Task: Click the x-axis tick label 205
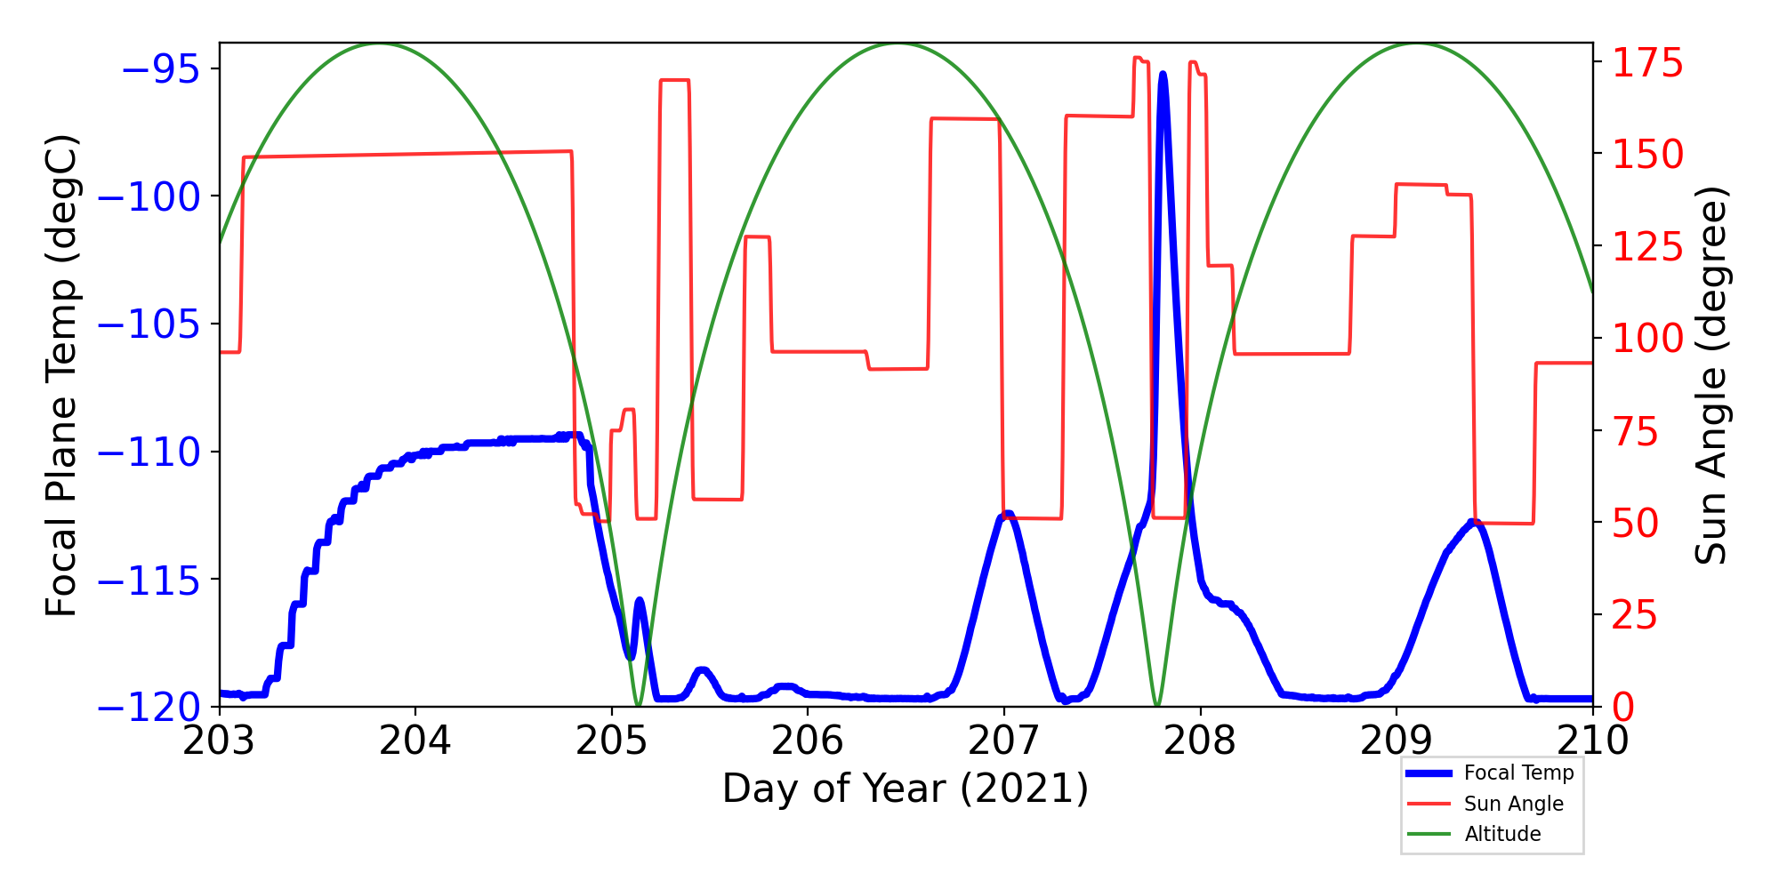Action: click(612, 741)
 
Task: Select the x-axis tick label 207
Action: click(1004, 741)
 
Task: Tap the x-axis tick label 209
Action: click(1397, 741)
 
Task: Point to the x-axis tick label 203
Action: click(220, 741)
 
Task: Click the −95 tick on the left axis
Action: click(160, 68)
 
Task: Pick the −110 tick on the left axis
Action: click(149, 453)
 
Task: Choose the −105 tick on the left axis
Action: click(149, 324)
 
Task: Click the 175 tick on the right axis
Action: click(1648, 64)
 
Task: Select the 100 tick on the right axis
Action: click(1648, 339)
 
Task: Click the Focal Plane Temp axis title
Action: click(62, 375)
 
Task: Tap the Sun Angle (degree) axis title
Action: click(1710, 375)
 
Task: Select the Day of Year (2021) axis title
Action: click(906, 789)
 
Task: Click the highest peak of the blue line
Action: click(1163, 75)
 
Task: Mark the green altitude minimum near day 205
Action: click(638, 705)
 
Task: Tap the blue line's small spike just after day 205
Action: click(639, 601)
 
